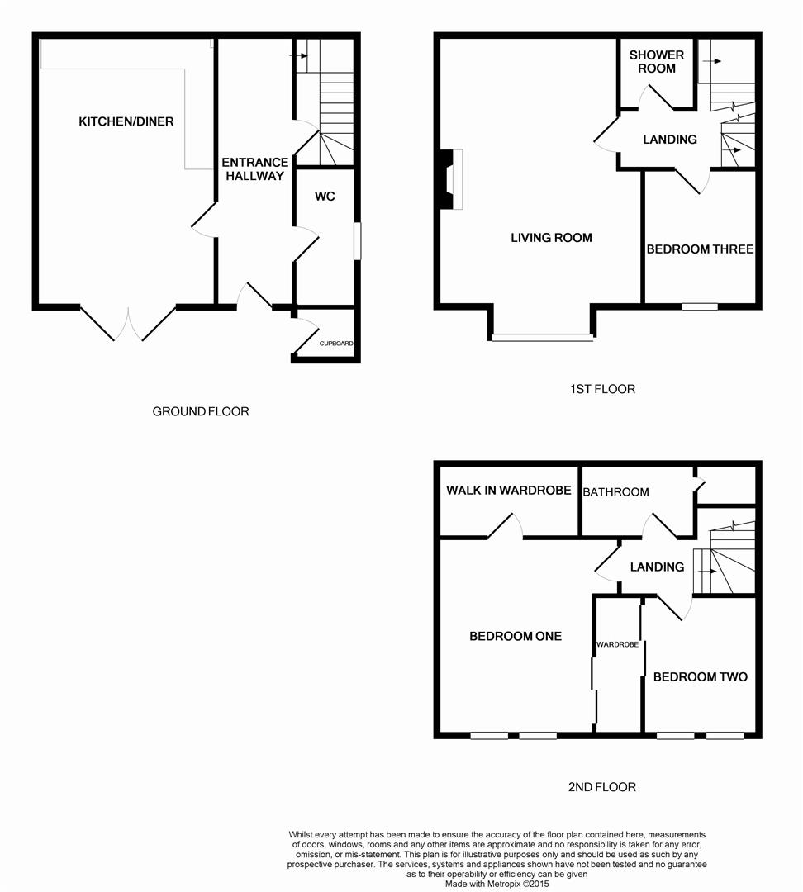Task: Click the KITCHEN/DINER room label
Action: click(126, 121)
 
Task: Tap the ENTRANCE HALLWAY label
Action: click(254, 169)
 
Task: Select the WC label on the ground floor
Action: click(325, 197)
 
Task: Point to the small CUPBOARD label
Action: click(336, 344)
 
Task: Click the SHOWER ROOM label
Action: click(656, 61)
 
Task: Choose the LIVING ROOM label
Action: click(551, 238)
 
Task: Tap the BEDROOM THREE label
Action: click(700, 249)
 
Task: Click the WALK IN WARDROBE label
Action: click(508, 491)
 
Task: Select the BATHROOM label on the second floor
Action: click(615, 492)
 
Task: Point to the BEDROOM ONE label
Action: click(515, 636)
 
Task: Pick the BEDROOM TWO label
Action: click(700, 676)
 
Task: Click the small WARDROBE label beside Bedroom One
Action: click(617, 644)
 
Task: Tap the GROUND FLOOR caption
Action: click(200, 411)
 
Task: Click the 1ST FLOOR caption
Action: click(602, 389)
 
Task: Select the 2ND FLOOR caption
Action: click(602, 787)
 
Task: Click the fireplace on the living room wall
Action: click(451, 179)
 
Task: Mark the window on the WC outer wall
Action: click(358, 240)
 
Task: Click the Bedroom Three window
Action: click(700, 306)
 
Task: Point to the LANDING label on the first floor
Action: click(670, 140)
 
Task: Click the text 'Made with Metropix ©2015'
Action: click(497, 884)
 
